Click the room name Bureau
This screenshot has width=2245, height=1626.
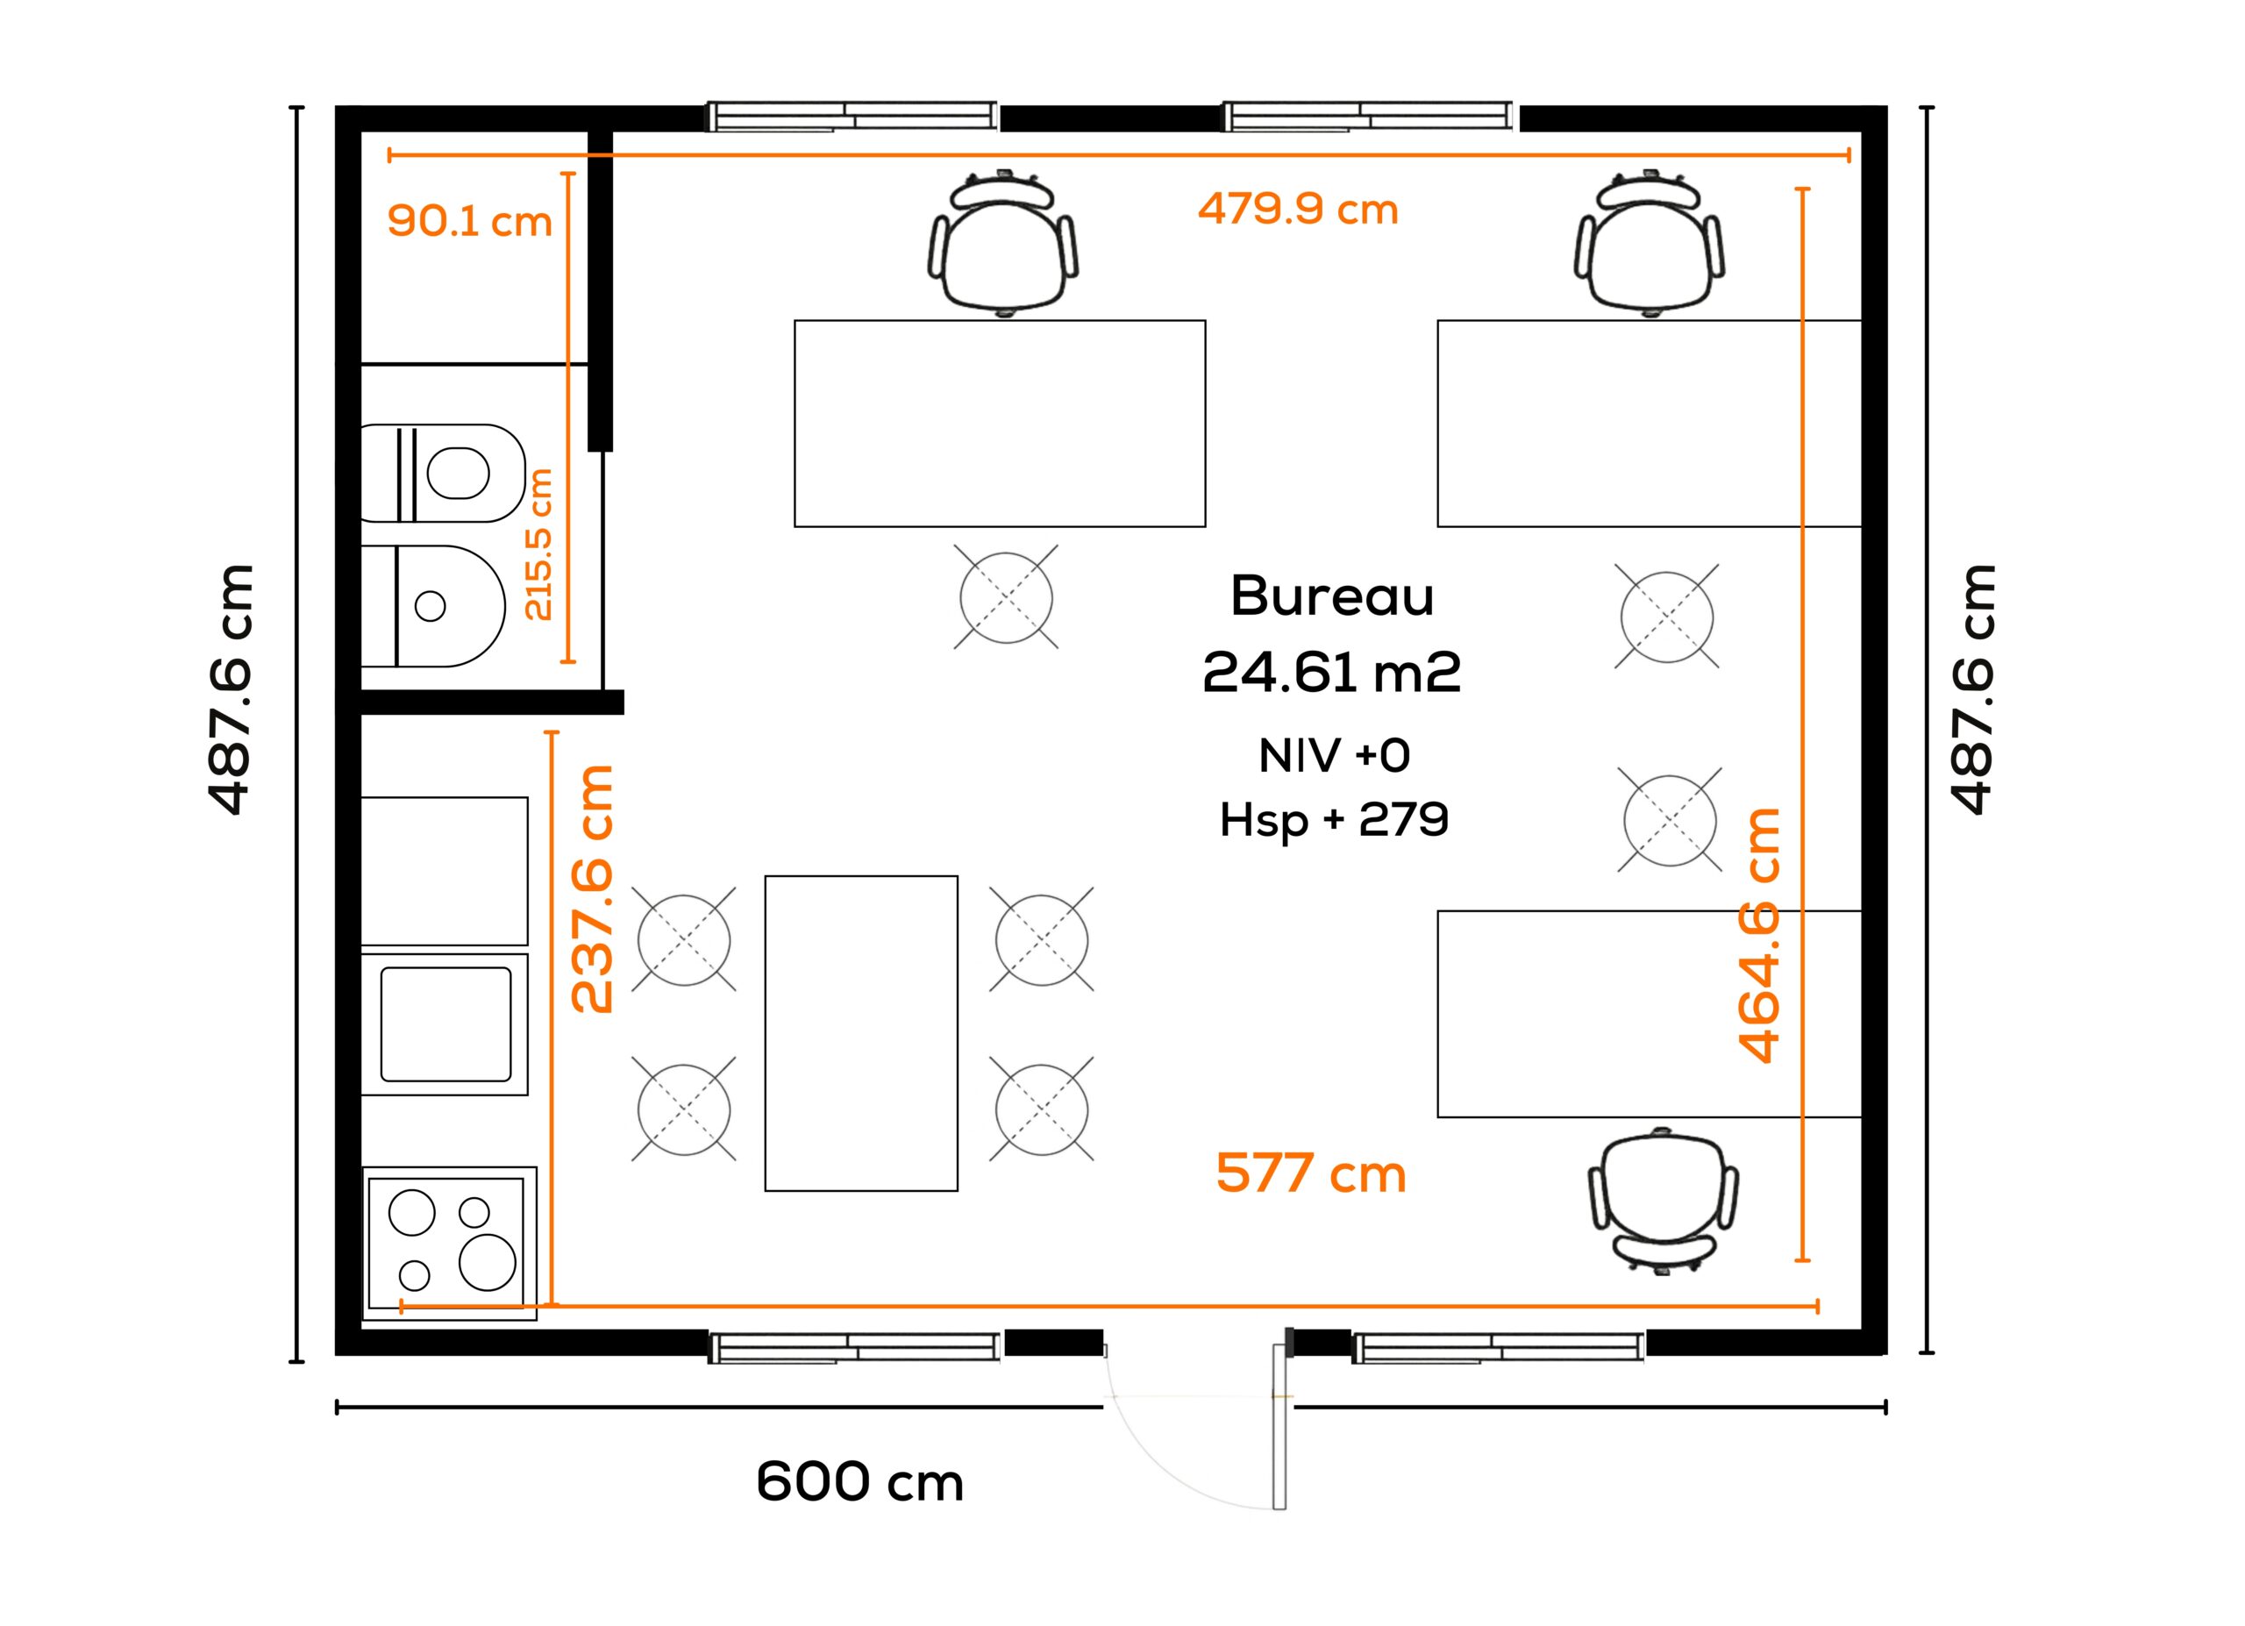tap(1331, 595)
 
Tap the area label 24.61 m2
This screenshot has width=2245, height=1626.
tap(1331, 672)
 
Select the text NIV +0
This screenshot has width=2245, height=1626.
tap(1335, 756)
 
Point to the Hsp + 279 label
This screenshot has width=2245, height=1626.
tap(1335, 819)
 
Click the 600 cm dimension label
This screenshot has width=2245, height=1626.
tap(859, 1481)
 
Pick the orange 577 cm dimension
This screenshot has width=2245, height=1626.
tap(1310, 1173)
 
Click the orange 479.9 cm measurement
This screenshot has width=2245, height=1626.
tap(1298, 209)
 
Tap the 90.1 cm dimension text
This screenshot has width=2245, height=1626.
tap(469, 221)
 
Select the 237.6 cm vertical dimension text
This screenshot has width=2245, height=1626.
tap(593, 888)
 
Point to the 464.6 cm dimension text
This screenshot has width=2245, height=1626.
tap(1760, 935)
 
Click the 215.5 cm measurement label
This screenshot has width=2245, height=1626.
tap(538, 545)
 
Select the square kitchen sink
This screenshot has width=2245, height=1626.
tap(445, 1024)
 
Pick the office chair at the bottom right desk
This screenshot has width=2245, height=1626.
tap(1663, 1201)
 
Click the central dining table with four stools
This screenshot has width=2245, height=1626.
tap(861, 1033)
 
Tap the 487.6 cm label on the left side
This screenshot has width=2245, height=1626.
tap(231, 690)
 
